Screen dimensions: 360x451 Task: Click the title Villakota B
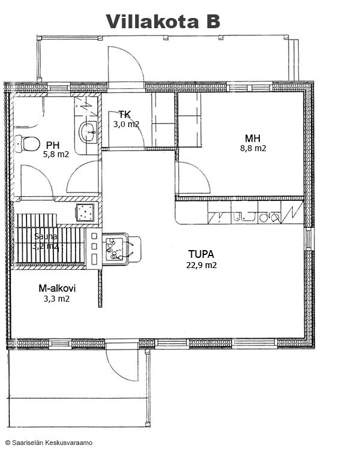pyautogui.click(x=163, y=22)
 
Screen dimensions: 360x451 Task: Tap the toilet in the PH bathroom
pyautogui.click(x=28, y=143)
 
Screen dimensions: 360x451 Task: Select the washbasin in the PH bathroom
pyautogui.click(x=88, y=132)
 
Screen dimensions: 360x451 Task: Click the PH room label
pyautogui.click(x=53, y=145)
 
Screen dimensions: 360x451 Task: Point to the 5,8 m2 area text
pyautogui.click(x=56, y=155)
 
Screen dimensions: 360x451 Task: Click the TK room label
pyautogui.click(x=125, y=115)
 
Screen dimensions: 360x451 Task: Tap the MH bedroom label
pyautogui.click(x=253, y=139)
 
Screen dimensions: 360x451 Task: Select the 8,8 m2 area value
pyautogui.click(x=253, y=148)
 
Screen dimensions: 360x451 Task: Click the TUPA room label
pyautogui.click(x=202, y=254)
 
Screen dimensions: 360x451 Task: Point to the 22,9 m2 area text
pyautogui.click(x=202, y=265)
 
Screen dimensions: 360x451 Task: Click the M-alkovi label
pyautogui.click(x=57, y=288)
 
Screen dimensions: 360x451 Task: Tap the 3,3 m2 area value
pyautogui.click(x=56, y=299)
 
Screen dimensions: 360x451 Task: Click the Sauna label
pyautogui.click(x=46, y=236)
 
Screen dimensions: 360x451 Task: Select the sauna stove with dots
pyautogui.click(x=85, y=213)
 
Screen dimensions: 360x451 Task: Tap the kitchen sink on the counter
pyautogui.click(x=245, y=217)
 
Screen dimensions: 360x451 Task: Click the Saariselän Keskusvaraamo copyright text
pyautogui.click(x=49, y=443)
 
